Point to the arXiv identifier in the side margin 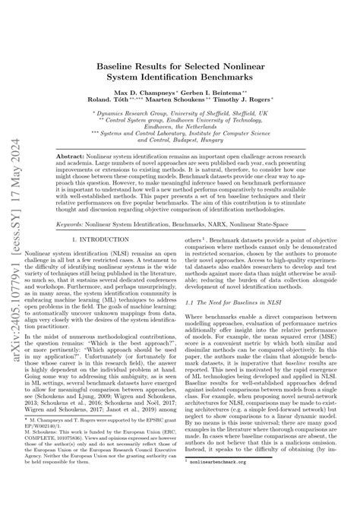point(12,251)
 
